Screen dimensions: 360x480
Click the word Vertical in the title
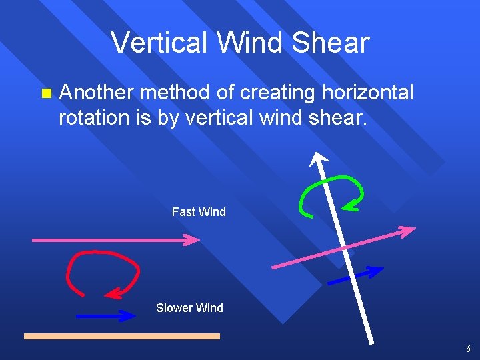154,43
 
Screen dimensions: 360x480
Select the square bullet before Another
45,93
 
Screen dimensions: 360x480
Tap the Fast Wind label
199,212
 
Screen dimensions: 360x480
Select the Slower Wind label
189,308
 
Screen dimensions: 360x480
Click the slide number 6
468,349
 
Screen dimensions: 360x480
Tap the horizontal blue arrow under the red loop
105,316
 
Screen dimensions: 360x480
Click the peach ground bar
122,337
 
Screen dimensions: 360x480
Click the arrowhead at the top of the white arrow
318,158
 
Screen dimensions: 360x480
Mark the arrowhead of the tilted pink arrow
408,231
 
